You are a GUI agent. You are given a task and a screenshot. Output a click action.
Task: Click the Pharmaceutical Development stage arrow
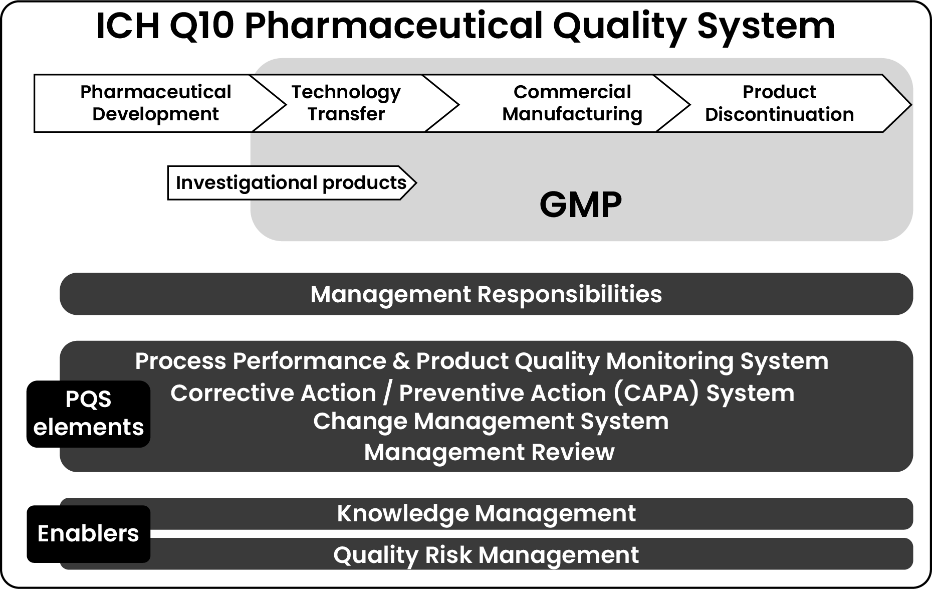coord(155,103)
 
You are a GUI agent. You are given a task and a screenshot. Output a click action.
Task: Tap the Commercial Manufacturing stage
coord(566,103)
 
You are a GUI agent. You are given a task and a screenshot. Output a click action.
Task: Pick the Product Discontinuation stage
coord(782,103)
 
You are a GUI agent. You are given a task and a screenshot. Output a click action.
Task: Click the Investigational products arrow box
coord(292,183)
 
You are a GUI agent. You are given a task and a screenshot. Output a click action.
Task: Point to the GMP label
coord(581,205)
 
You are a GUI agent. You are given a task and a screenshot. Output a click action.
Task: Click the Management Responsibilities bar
coord(486,294)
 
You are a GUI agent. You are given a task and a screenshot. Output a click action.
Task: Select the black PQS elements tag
coord(88,414)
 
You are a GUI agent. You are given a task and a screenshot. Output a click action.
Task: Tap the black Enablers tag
coord(88,534)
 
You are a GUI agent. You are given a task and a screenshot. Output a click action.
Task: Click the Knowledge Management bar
coord(486,514)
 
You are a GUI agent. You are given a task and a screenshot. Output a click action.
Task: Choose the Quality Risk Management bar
coord(486,554)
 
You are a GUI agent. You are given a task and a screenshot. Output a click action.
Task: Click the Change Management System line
coord(491,422)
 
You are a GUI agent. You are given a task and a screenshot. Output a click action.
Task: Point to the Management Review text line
coord(489,452)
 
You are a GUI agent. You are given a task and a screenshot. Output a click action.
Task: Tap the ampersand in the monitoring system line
coord(401,361)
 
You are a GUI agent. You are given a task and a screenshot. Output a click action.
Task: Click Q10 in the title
coord(201,26)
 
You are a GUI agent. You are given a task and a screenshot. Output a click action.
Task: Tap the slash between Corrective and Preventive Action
coord(386,394)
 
